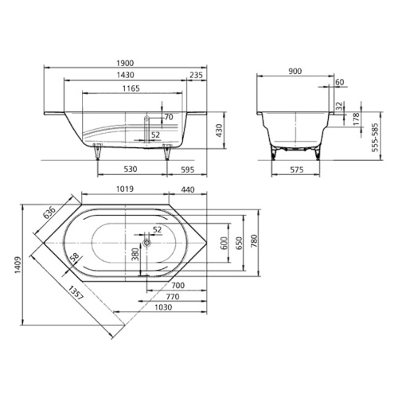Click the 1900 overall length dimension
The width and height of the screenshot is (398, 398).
(x=125, y=63)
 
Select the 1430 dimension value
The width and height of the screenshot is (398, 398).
(x=125, y=75)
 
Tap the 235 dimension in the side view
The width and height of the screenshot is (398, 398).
(x=196, y=75)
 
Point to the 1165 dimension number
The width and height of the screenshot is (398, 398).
(x=131, y=88)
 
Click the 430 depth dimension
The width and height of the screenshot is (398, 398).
(x=219, y=131)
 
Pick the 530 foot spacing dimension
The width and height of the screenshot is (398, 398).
(x=131, y=169)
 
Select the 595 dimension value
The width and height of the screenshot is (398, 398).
(x=188, y=170)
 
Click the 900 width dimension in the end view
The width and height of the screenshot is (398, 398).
(x=295, y=71)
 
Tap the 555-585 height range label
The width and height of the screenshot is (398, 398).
(x=375, y=138)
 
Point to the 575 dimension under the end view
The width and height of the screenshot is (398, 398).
(x=296, y=170)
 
